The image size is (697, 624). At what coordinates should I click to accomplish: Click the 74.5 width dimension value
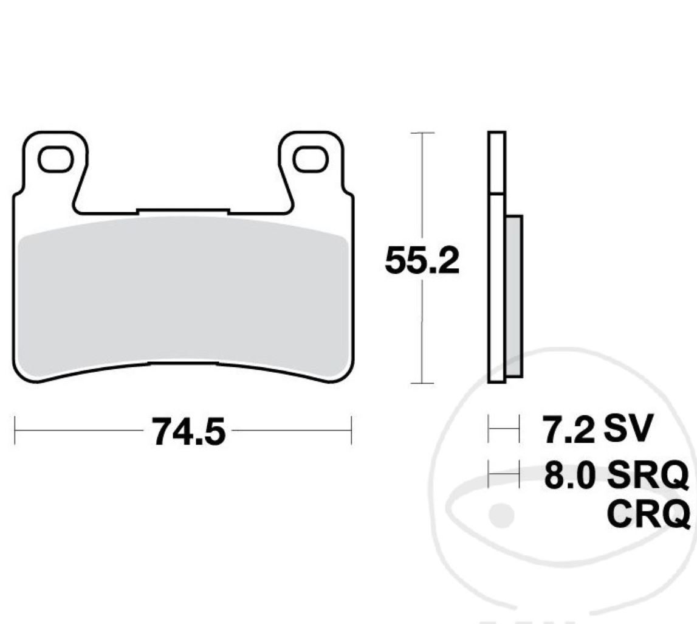(188, 432)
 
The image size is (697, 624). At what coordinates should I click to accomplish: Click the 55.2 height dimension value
(422, 262)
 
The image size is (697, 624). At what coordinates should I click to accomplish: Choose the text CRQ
(648, 515)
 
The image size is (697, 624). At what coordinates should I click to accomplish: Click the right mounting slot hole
(311, 159)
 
